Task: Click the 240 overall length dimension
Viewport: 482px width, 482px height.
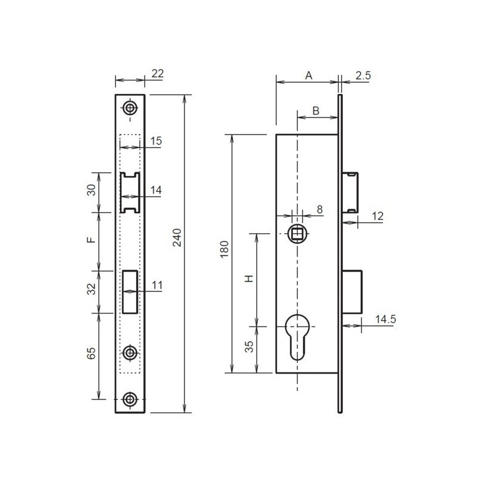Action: click(177, 237)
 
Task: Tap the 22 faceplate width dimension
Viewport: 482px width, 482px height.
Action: click(158, 74)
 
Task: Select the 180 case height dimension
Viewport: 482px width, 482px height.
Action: click(225, 249)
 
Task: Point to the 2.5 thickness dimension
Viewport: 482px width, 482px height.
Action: click(363, 76)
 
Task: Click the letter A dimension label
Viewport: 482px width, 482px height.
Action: click(308, 76)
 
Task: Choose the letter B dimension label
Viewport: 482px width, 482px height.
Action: click(316, 111)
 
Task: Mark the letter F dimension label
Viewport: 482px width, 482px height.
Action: click(91, 240)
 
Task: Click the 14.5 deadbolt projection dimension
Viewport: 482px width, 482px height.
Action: click(385, 319)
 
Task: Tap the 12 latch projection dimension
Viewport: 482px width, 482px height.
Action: click(378, 216)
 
